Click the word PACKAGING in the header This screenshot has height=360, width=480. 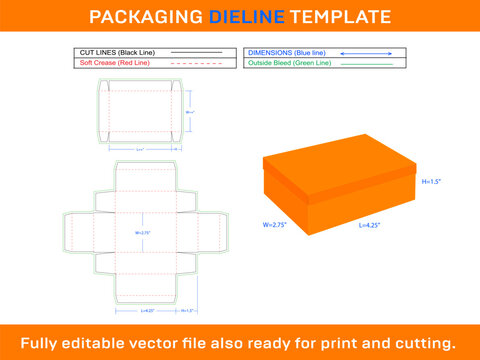142,17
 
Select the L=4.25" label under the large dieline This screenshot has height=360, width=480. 147,311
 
